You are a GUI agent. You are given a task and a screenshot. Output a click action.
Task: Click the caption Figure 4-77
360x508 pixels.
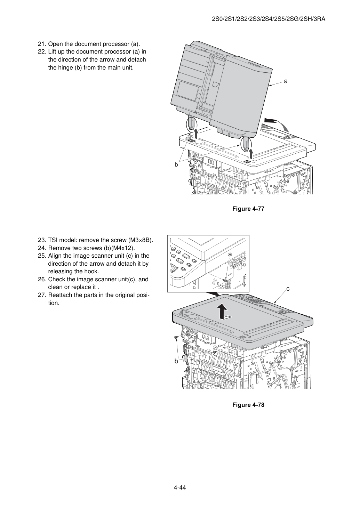pos(248,209)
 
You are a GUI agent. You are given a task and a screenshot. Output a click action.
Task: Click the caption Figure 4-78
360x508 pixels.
pos(248,405)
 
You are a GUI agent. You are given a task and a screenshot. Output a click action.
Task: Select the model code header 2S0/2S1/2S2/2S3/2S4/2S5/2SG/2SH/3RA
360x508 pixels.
pos(269,19)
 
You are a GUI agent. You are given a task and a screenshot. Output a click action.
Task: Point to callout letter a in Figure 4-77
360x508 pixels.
pos(286,81)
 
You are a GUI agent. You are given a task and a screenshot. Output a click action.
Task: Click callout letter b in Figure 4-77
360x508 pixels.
pos(176,165)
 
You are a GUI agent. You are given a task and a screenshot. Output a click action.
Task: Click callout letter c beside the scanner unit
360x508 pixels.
pos(288,289)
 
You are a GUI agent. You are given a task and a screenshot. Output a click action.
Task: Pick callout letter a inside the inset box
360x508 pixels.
pos(230,255)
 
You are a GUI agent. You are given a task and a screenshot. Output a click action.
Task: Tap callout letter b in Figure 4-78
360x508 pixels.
pos(176,361)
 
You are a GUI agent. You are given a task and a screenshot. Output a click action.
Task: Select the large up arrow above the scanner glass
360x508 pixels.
pos(223,312)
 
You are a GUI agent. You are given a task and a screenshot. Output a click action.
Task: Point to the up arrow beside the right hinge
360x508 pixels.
pos(251,154)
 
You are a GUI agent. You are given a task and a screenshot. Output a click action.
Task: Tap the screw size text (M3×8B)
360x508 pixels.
pos(141,240)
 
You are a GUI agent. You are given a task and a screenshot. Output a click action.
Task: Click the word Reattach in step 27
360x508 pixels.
pos(60,295)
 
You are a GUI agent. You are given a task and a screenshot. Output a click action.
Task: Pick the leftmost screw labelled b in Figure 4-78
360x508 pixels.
pos(176,338)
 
